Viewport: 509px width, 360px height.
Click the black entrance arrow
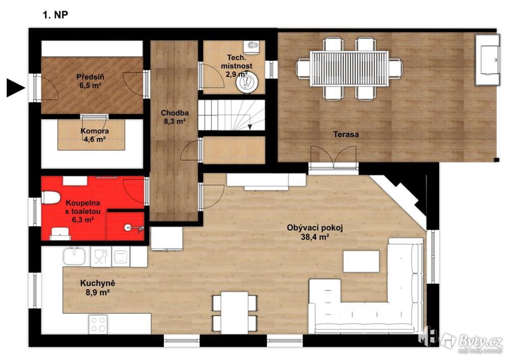tap(16, 88)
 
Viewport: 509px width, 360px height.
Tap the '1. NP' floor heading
tap(55, 15)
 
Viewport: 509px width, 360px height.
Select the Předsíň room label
tap(90, 81)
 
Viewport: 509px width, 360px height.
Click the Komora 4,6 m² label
tap(95, 135)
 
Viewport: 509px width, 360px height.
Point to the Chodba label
tap(175, 117)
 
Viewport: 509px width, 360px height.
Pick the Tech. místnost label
tap(237, 66)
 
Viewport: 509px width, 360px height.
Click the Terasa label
tap(346, 134)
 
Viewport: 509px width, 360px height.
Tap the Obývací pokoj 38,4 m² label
tap(315, 232)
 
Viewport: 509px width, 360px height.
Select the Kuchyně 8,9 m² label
tap(97, 288)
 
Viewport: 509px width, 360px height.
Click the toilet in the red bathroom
tap(51, 198)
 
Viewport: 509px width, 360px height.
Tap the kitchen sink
tap(74, 256)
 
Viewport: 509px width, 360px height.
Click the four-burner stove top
tap(98, 324)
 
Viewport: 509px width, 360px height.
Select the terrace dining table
tap(349, 69)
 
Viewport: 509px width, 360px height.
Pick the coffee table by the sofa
tap(361, 261)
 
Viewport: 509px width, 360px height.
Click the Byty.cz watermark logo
tap(472, 342)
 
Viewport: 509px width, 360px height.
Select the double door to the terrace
tap(333, 157)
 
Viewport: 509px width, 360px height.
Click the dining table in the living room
tap(235, 313)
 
